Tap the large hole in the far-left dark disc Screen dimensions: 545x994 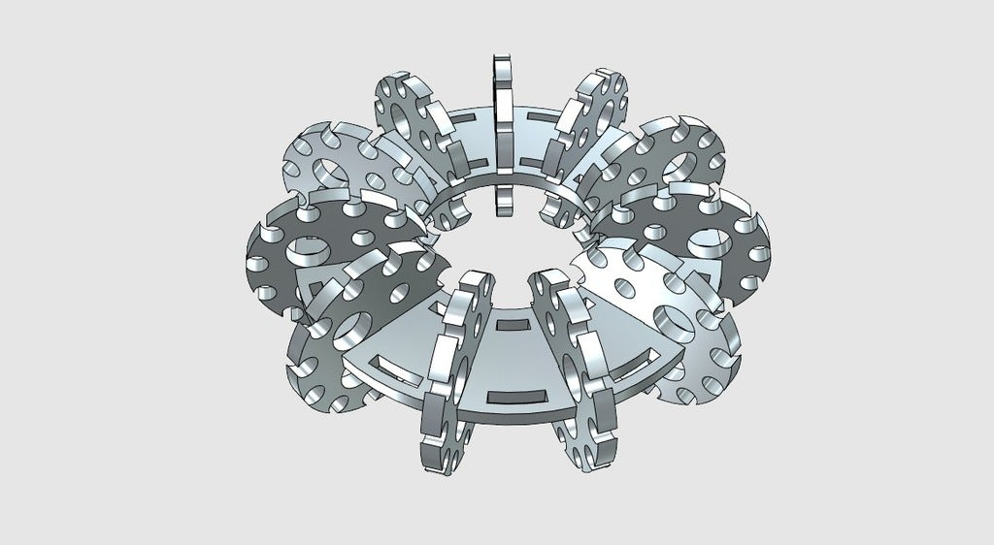pyautogui.click(x=313, y=254)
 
